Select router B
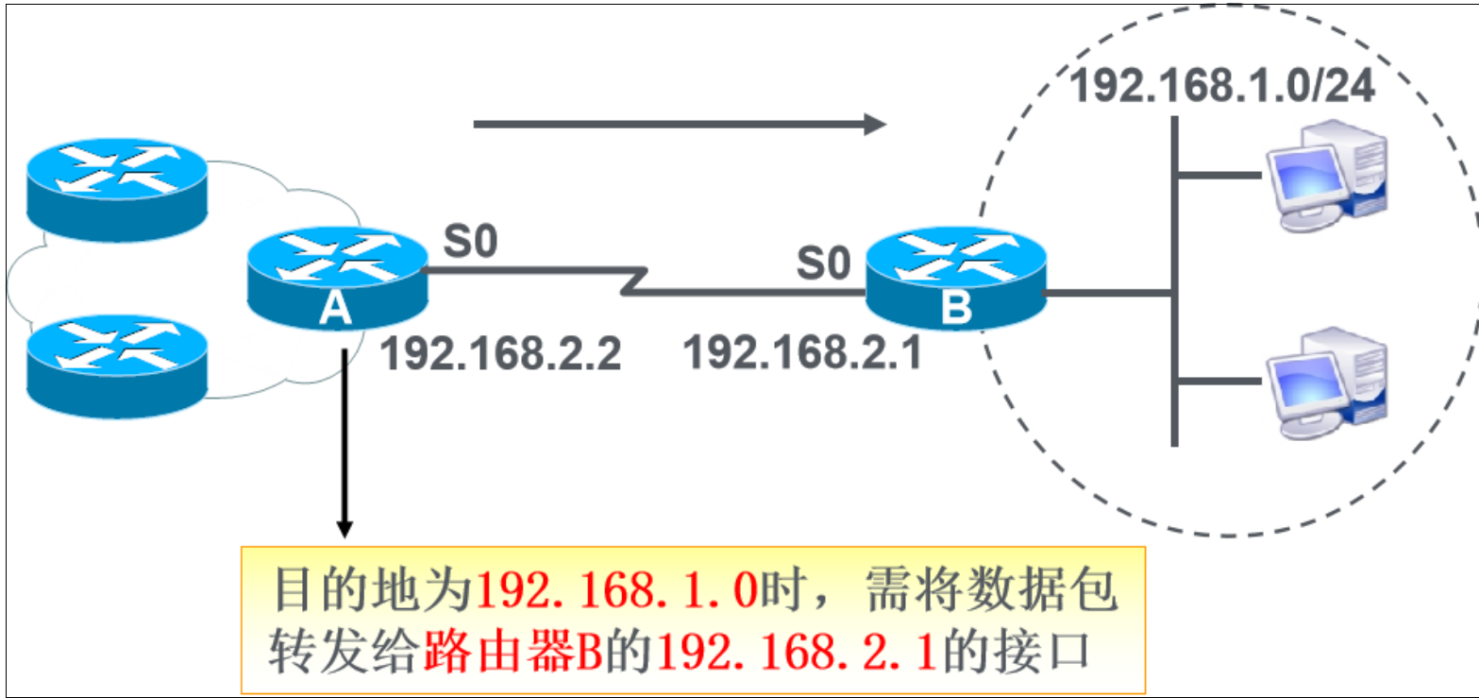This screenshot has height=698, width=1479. coord(957,281)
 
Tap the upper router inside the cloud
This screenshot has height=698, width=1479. coord(115,187)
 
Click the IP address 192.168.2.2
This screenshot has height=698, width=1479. coord(500,354)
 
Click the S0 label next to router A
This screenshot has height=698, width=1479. coord(469,243)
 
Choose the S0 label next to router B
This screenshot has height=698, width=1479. coord(823,264)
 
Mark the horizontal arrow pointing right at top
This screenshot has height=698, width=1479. coord(680,124)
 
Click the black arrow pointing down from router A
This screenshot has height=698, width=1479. coord(345,444)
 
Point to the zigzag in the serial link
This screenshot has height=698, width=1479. coord(634,281)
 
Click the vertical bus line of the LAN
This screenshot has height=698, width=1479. coord(1174,283)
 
